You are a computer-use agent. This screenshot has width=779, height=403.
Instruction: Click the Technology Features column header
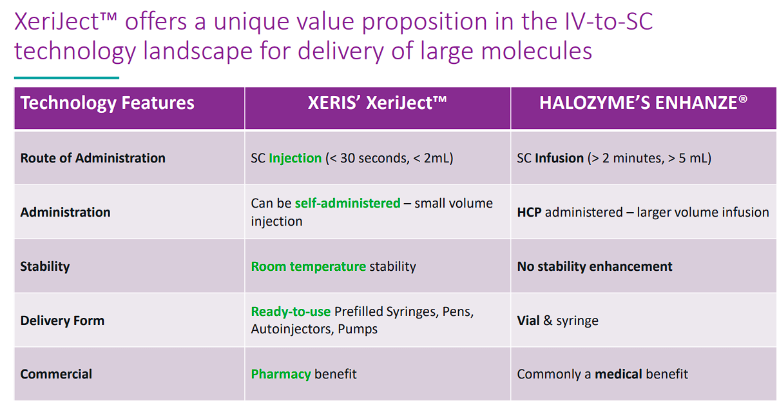tap(107, 103)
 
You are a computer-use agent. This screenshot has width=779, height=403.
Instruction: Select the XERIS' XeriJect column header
tap(377, 103)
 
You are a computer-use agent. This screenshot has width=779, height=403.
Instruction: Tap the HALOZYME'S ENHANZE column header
tap(643, 103)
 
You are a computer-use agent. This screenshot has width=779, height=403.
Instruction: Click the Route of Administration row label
tap(93, 158)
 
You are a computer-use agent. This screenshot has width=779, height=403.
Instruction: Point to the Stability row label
tap(45, 266)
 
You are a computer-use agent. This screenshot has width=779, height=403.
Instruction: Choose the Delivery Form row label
tap(63, 320)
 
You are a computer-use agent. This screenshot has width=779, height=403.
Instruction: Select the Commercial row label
tap(56, 374)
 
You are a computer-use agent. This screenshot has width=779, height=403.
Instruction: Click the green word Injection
tap(295, 158)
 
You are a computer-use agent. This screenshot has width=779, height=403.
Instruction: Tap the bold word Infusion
tap(559, 158)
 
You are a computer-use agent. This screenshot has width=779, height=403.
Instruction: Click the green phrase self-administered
tap(347, 203)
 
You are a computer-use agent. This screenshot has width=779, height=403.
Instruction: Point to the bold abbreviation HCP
tap(529, 212)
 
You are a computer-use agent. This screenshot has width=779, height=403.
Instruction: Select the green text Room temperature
tap(309, 266)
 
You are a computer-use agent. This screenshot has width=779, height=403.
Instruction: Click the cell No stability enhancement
tap(595, 266)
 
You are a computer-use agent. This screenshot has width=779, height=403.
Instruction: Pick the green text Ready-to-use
tap(291, 311)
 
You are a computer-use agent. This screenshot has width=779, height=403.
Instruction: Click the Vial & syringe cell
tap(557, 320)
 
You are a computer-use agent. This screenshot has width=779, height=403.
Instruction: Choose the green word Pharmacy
tap(281, 374)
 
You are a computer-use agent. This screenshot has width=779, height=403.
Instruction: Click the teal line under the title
tap(67, 78)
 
